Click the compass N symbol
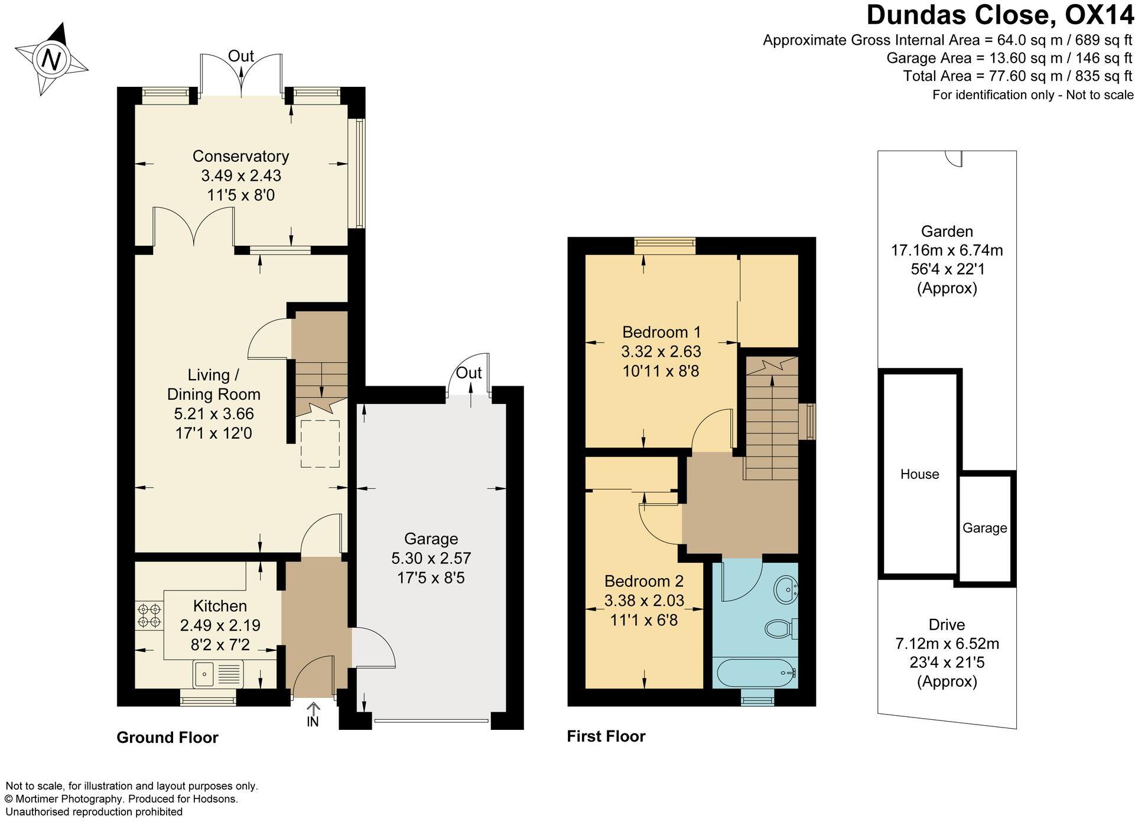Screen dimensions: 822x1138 51,59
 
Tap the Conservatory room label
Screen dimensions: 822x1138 240,156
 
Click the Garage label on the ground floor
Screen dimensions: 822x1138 431,539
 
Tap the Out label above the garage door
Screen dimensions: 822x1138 469,373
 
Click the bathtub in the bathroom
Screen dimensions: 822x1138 755,673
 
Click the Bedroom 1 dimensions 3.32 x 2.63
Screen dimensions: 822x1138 661,352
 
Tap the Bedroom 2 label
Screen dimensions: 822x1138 643,581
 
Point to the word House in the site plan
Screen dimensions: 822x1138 919,474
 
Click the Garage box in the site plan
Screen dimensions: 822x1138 984,528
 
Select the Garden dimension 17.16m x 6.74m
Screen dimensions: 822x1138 947,250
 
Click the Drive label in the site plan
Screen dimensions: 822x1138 947,625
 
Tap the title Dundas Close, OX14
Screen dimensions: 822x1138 999,15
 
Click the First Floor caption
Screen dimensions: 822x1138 606,736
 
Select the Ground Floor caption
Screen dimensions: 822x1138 167,738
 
